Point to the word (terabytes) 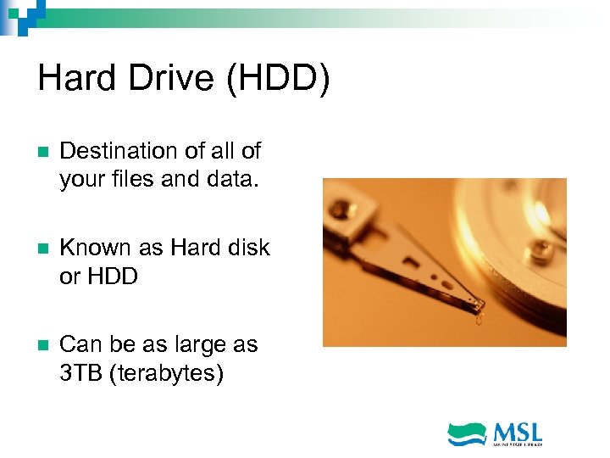(x=166, y=373)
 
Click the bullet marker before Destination (x=43, y=153)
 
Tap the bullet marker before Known (x=43, y=249)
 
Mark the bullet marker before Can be (x=43, y=346)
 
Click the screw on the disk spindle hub (x=535, y=249)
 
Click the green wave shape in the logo (x=467, y=432)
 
